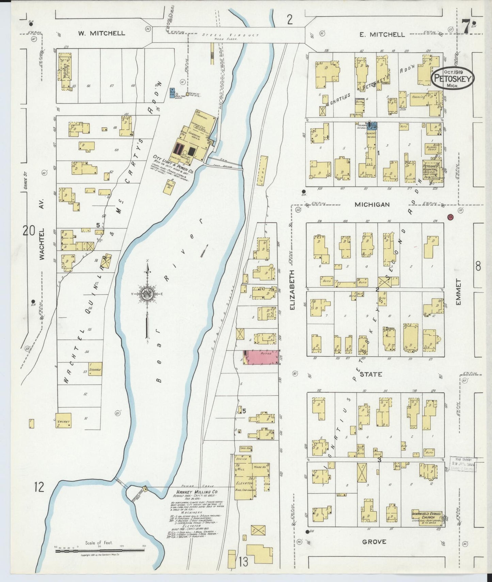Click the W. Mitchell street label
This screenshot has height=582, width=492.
pos(101,33)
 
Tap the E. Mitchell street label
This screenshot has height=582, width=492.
pos(382,34)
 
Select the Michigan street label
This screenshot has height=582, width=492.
pos(372,205)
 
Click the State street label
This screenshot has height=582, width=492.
pos(371,374)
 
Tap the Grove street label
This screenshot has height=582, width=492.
pos(374,541)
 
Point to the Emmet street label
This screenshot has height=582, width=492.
pos(458,292)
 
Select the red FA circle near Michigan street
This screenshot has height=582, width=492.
pos(450,216)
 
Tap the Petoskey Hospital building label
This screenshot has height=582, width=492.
pos(433,167)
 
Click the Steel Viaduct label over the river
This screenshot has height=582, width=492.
pos(231,35)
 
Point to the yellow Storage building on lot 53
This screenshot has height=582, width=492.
pos(95,369)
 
